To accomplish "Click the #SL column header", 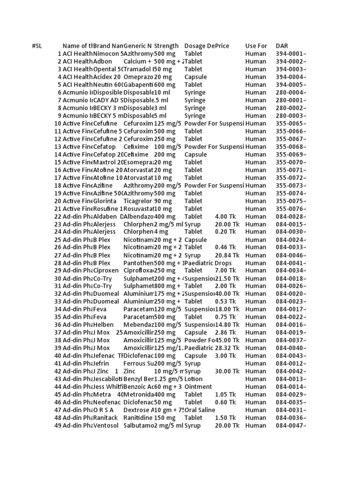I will [37, 46].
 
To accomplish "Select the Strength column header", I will [166, 46].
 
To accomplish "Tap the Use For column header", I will [256, 46].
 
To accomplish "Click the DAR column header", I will [282, 46].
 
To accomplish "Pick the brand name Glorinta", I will [105, 201].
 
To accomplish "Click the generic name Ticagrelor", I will [138, 201].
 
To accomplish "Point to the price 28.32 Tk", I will [227, 348].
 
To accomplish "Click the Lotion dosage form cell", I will [194, 379].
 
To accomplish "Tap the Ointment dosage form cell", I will [198, 387].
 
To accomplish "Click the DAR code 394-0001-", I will [291, 54].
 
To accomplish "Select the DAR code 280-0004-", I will [291, 92].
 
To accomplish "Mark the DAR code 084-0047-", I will [291, 425].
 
